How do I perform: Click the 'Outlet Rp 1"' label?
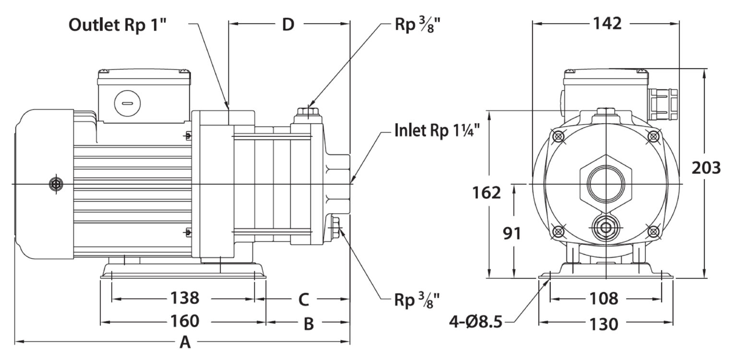point(118,25)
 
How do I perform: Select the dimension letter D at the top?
point(288,24)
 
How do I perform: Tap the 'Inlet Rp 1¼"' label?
point(437,130)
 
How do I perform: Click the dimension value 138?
point(185,298)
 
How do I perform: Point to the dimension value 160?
point(185,321)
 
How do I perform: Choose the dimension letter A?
point(185,342)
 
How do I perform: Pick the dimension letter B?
point(309,324)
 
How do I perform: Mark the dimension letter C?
point(304,300)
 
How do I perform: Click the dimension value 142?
point(607,24)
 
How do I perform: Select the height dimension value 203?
point(706,168)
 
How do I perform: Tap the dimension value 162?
point(486,192)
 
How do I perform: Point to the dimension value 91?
point(512,233)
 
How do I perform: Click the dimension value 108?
point(604,299)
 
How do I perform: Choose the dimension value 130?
point(604,324)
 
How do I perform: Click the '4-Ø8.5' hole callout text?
point(476,322)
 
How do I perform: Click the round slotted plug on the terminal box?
point(128,103)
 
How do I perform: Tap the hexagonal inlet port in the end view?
point(606,184)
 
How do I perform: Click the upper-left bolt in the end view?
point(559,136)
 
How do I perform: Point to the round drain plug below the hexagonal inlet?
point(606,228)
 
